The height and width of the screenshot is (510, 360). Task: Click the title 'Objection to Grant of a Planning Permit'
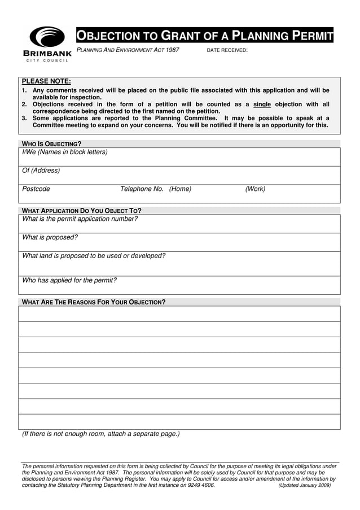tap(205, 36)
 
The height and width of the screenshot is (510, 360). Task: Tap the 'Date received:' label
tap(227, 50)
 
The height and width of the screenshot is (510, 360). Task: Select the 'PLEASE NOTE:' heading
tap(46, 81)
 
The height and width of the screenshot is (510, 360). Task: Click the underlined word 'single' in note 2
tap(262, 104)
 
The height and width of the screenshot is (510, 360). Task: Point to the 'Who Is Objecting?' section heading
tap(51, 144)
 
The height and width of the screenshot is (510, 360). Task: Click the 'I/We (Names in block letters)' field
tap(65, 152)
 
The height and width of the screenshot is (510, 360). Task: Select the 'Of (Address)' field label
tap(41, 171)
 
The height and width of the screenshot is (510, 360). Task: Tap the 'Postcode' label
tap(36, 189)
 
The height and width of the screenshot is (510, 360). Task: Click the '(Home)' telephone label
tap(180, 189)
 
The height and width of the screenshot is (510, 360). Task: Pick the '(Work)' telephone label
tap(255, 189)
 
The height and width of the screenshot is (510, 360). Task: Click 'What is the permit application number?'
tap(80, 219)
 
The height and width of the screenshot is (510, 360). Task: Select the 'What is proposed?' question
tap(50, 238)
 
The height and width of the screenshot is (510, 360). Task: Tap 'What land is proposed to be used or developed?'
tap(94, 256)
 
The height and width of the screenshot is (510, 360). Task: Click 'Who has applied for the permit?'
tap(69, 280)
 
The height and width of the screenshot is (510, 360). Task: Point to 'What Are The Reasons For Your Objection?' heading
tap(94, 302)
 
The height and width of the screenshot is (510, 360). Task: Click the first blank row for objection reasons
tap(179, 313)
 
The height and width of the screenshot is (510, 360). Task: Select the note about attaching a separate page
tap(101, 434)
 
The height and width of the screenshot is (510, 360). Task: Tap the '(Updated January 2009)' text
tap(305, 485)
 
